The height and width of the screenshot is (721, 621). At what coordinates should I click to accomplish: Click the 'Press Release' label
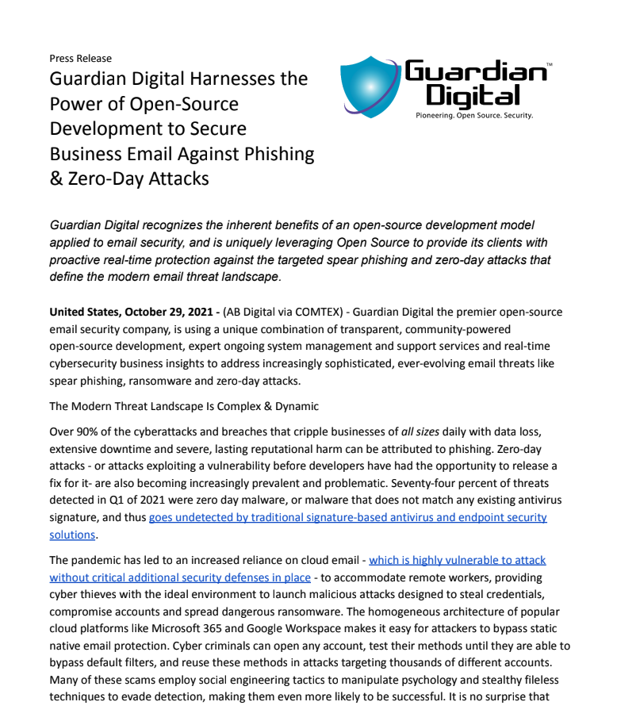pyautogui.click(x=80, y=58)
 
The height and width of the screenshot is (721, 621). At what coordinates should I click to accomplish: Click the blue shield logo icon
pyautogui.click(x=370, y=87)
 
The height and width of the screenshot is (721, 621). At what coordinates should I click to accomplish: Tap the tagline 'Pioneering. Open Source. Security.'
pyautogui.click(x=474, y=115)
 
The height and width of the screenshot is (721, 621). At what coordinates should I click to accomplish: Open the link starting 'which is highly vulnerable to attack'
pyautogui.click(x=457, y=560)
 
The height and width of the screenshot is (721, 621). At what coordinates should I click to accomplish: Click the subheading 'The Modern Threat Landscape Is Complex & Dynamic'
pyautogui.click(x=184, y=406)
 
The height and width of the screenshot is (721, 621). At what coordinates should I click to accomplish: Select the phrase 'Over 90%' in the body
pyautogui.click(x=73, y=431)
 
